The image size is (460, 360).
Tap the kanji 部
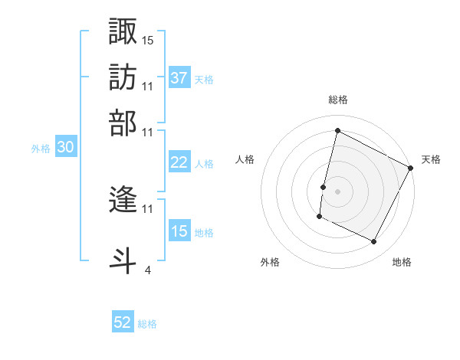[x=123, y=122]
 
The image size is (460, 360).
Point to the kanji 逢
[x=123, y=201]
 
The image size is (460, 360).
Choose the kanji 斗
[x=123, y=259]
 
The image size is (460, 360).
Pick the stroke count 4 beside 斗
[x=147, y=270]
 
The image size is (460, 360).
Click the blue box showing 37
[x=179, y=77]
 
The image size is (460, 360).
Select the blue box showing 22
[x=179, y=162]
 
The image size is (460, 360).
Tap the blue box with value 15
[x=179, y=231]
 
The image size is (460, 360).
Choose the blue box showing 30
[x=65, y=149]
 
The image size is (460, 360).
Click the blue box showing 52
[x=123, y=323]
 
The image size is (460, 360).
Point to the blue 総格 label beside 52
[x=147, y=324]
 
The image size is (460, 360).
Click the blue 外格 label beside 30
[x=40, y=149]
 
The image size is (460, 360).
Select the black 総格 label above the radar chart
[x=337, y=100]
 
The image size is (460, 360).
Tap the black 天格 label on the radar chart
[x=431, y=159]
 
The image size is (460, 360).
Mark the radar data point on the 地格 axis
[x=373, y=242]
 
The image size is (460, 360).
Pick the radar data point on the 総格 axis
[x=337, y=131]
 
